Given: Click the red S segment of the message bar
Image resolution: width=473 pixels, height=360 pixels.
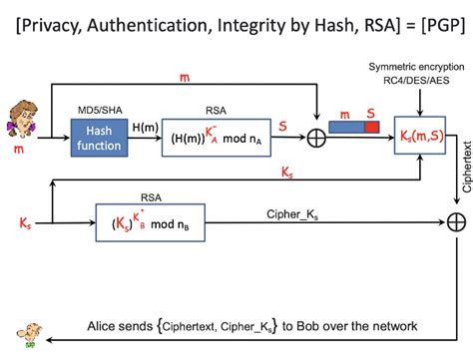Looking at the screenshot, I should coord(370,127).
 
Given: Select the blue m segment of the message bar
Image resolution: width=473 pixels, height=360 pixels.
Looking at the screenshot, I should coord(345,127).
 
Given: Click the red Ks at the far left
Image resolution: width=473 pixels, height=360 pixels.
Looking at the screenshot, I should coord(25,220).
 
